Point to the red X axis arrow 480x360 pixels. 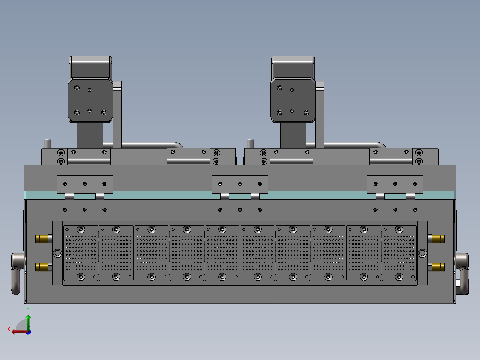(x=18, y=331)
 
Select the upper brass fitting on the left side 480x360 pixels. (x=42, y=239)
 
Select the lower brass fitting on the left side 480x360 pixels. (x=42, y=267)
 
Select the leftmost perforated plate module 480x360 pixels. (x=81, y=253)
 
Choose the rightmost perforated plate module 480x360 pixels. (x=399, y=253)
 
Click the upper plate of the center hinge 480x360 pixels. (x=240, y=184)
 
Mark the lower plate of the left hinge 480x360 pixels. (x=85, y=209)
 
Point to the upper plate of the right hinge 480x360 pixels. (x=395, y=184)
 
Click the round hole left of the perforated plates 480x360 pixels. (x=57, y=253)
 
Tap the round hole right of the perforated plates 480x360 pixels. (x=422, y=253)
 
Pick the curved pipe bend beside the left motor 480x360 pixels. (x=177, y=145)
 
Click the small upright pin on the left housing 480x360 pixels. (x=48, y=144)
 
